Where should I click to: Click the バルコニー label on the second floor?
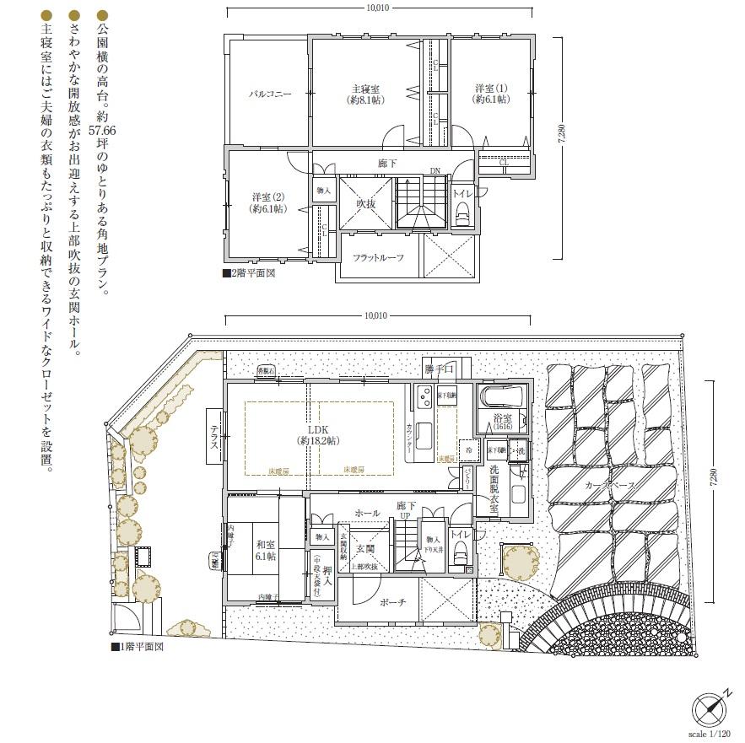(x=269, y=94)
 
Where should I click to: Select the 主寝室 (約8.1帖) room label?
(x=365, y=94)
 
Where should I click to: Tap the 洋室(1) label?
(x=490, y=93)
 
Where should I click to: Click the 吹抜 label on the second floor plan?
(x=366, y=203)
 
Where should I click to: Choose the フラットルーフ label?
(x=377, y=258)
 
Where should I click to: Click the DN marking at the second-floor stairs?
(x=435, y=171)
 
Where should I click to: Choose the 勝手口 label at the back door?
(x=439, y=369)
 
